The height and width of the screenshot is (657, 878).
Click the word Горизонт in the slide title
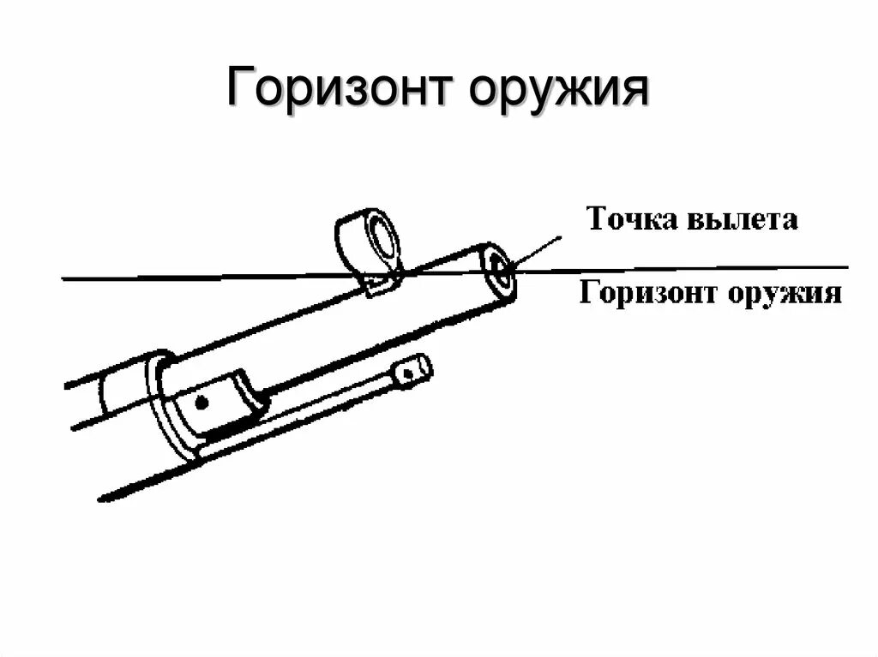(334, 88)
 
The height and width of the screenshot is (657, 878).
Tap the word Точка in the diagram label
(630, 219)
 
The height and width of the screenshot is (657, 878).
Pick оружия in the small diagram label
(785, 294)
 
